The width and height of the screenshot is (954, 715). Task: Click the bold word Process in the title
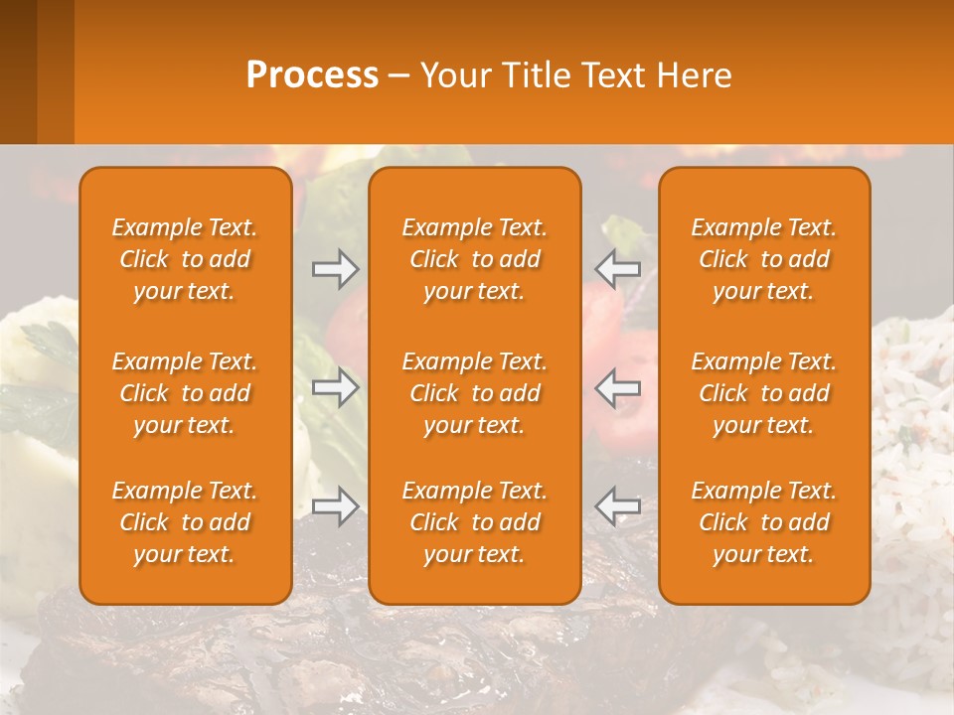(x=312, y=75)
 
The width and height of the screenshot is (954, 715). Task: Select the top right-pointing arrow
(x=335, y=269)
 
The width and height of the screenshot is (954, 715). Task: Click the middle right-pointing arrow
(x=335, y=387)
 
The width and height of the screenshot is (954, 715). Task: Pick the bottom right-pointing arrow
(x=335, y=506)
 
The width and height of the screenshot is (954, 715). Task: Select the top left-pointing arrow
(x=618, y=269)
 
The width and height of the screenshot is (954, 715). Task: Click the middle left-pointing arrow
(x=618, y=387)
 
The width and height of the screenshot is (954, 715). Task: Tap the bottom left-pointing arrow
(x=618, y=506)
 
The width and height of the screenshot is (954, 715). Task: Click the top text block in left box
(x=185, y=259)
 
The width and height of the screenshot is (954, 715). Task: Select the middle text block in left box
(x=185, y=393)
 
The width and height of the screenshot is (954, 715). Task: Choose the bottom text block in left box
(x=185, y=522)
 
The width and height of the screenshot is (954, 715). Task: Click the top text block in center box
(x=474, y=259)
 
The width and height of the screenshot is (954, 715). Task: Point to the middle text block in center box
(x=474, y=393)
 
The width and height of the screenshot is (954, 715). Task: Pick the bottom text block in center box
(x=474, y=522)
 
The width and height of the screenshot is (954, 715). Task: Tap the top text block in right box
(x=763, y=259)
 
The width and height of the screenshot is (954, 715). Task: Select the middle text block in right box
(x=763, y=393)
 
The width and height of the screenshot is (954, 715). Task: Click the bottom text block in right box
(x=763, y=522)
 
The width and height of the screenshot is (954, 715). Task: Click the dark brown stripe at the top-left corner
(x=18, y=71)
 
